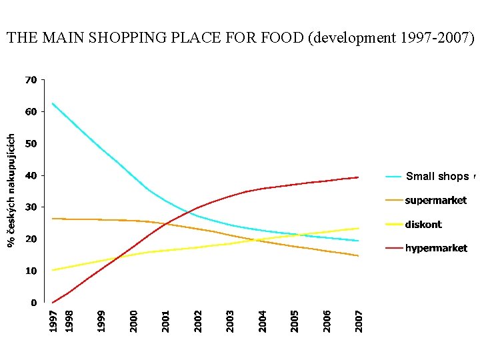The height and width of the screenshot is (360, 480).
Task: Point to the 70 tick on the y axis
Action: point(31,80)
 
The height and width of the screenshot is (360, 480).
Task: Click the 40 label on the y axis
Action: point(31,175)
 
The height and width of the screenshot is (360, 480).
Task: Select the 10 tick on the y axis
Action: point(31,271)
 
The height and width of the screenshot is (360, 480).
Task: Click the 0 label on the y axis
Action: point(33,303)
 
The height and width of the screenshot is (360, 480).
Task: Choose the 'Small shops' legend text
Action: point(437,177)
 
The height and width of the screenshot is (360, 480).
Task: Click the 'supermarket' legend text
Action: point(436,201)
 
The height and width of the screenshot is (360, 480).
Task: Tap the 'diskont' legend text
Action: point(423,225)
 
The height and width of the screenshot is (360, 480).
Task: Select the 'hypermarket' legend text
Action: point(436,249)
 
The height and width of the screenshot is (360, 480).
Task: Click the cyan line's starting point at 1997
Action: point(52,103)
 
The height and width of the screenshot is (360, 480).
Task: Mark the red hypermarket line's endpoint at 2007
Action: point(359,177)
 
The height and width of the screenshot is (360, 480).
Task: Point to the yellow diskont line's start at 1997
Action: point(52,270)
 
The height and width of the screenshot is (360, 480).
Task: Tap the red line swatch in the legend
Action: point(394,249)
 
